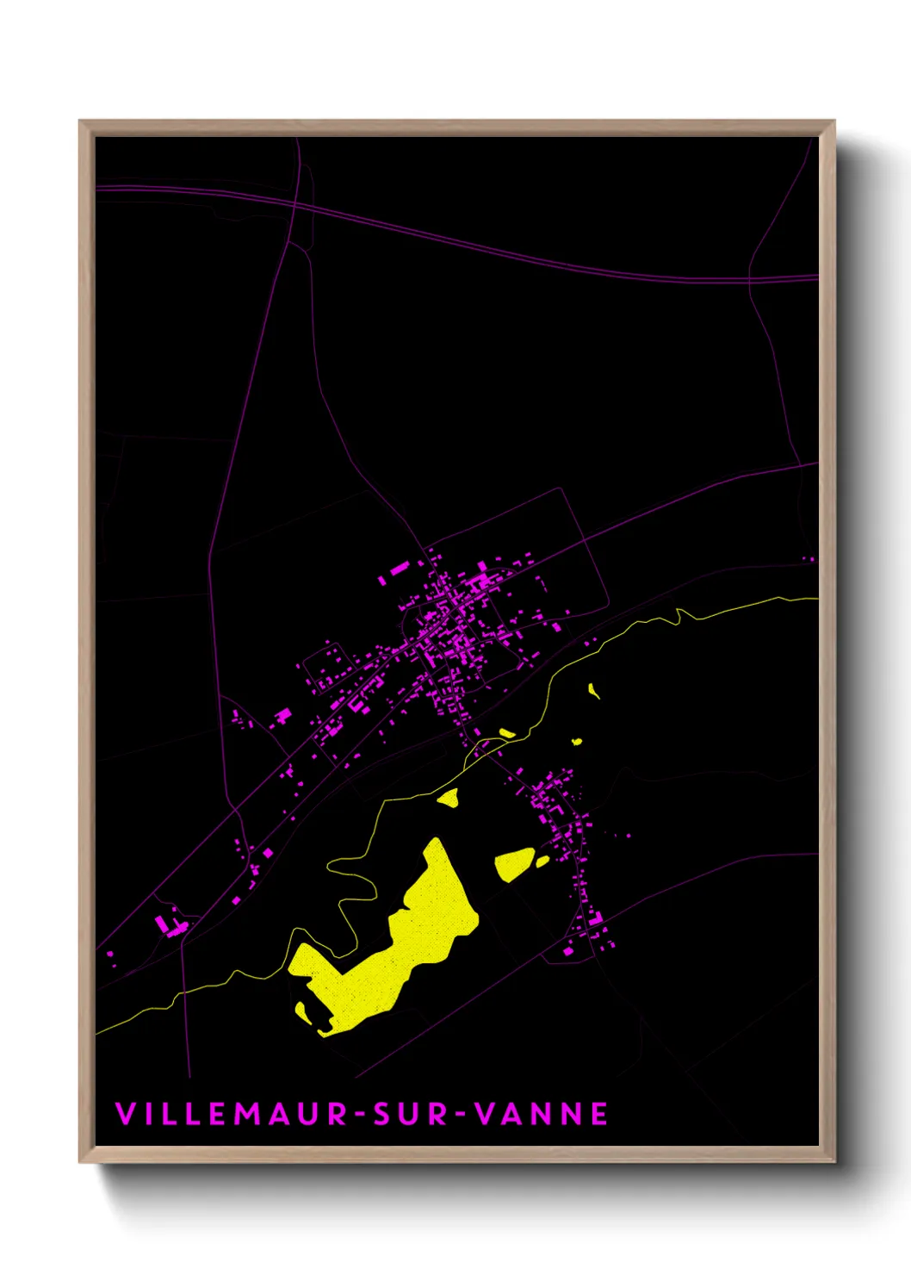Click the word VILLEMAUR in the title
point(231,1114)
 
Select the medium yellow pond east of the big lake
point(515,862)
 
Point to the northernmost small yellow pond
point(593,689)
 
